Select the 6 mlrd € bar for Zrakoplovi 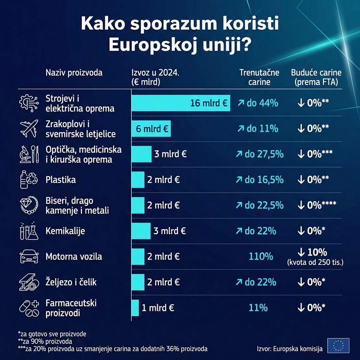pyautogui.click(x=151, y=128)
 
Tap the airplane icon pyautogui.click(x=29, y=128)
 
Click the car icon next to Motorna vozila pyautogui.click(x=29, y=257)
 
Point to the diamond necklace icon pyautogui.click(x=29, y=205)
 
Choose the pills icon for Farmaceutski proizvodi pyautogui.click(x=29, y=308)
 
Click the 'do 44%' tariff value pyautogui.click(x=257, y=103)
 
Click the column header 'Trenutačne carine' pyautogui.click(x=259, y=77)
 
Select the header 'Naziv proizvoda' pyautogui.click(x=74, y=72)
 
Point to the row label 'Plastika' pyautogui.click(x=61, y=180)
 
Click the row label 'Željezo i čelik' pyautogui.click(x=71, y=282)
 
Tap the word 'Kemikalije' pyautogui.click(x=65, y=231)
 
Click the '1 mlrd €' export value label pyautogui.click(x=158, y=308)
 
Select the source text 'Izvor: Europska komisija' pyautogui.click(x=290, y=349)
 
